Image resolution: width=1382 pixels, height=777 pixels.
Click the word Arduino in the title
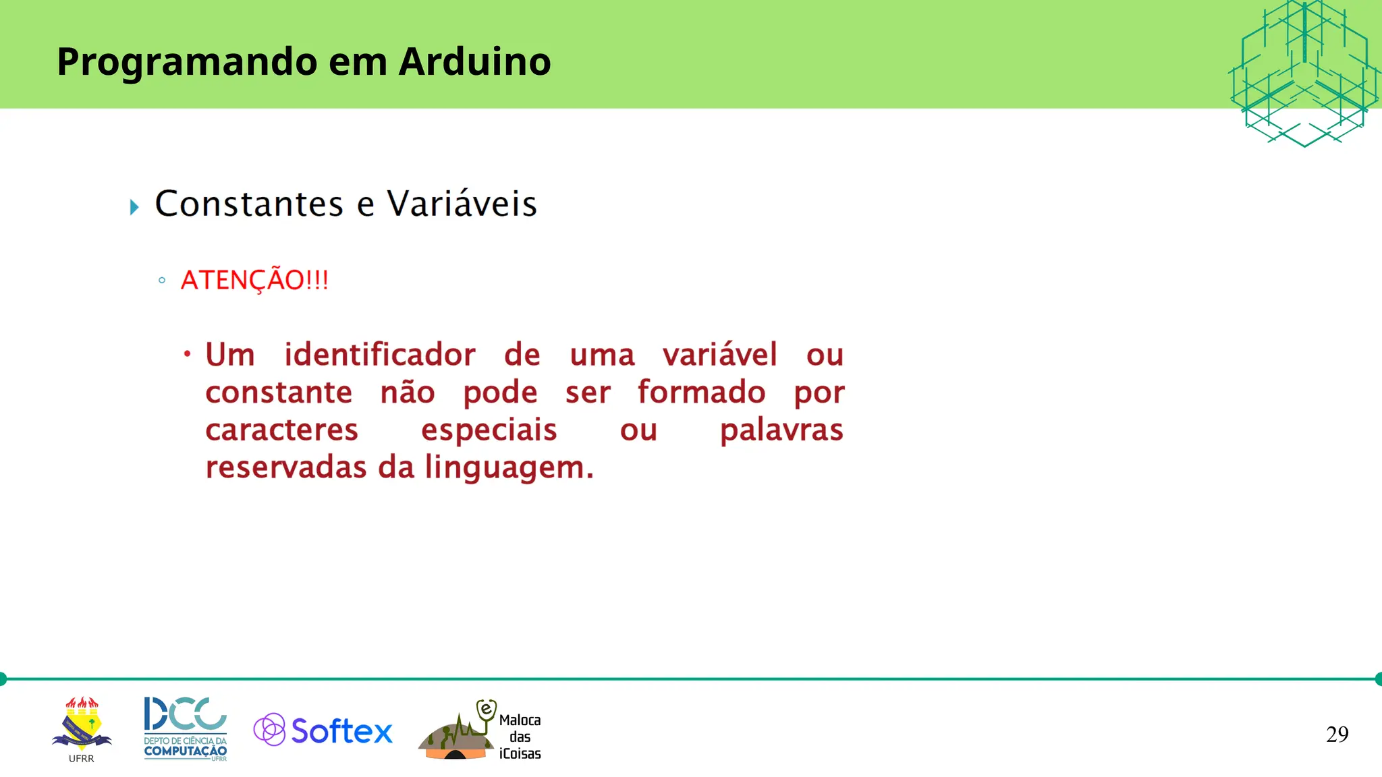tap(474, 62)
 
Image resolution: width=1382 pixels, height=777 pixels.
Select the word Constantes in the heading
tap(249, 204)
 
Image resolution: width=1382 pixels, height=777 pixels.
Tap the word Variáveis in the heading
tap(462, 204)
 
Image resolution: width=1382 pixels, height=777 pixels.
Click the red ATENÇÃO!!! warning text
tap(254, 281)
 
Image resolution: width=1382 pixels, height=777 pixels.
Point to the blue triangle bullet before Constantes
tap(134, 207)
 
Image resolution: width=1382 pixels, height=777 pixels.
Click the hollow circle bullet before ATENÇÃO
tap(162, 281)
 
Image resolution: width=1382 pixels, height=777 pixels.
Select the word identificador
tap(379, 355)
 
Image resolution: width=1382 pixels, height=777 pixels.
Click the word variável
tap(719, 355)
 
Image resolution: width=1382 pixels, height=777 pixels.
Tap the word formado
tap(701, 393)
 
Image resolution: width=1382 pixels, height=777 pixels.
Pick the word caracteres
tap(281, 430)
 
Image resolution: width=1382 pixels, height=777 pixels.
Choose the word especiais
tap(489, 430)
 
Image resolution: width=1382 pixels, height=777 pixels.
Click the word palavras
tap(781, 430)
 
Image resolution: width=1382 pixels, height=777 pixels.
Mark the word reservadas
tap(285, 467)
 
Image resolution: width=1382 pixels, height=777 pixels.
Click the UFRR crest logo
tap(82, 727)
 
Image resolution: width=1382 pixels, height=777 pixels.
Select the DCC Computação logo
tap(186, 728)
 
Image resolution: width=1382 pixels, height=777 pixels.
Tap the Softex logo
tap(323, 730)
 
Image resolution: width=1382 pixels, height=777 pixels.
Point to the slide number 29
tap(1337, 735)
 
